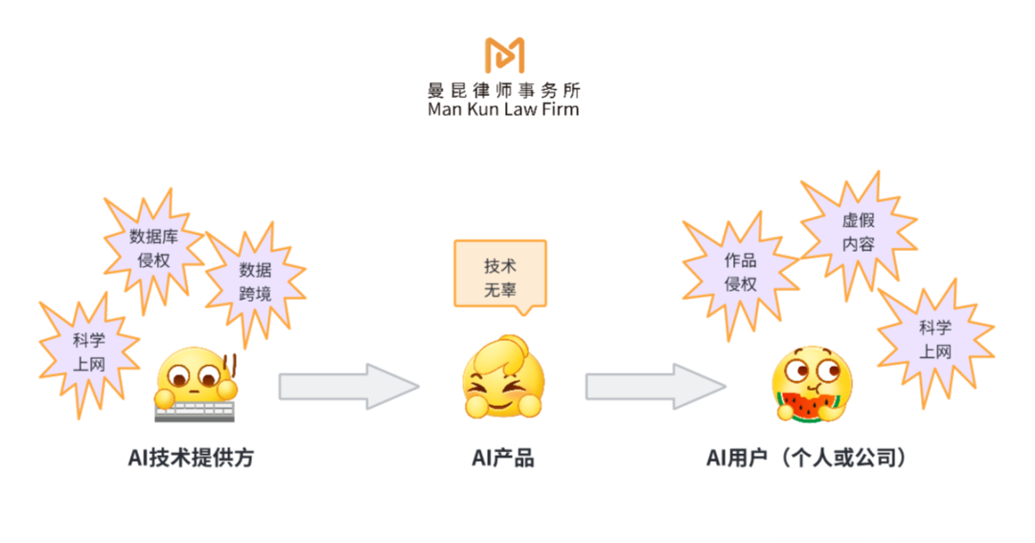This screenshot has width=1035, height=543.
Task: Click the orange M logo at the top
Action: tap(504, 57)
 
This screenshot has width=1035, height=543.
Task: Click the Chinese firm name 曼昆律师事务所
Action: tap(504, 91)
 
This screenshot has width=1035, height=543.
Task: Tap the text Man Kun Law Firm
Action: tap(504, 109)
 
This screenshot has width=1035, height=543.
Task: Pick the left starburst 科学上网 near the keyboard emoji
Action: tap(89, 351)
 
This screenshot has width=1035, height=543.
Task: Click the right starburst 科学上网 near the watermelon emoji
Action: tap(935, 341)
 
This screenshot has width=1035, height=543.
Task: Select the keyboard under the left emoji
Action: tap(195, 411)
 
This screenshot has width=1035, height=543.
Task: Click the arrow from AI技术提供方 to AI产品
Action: tap(349, 386)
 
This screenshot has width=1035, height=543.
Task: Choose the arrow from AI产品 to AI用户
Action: tap(655, 386)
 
